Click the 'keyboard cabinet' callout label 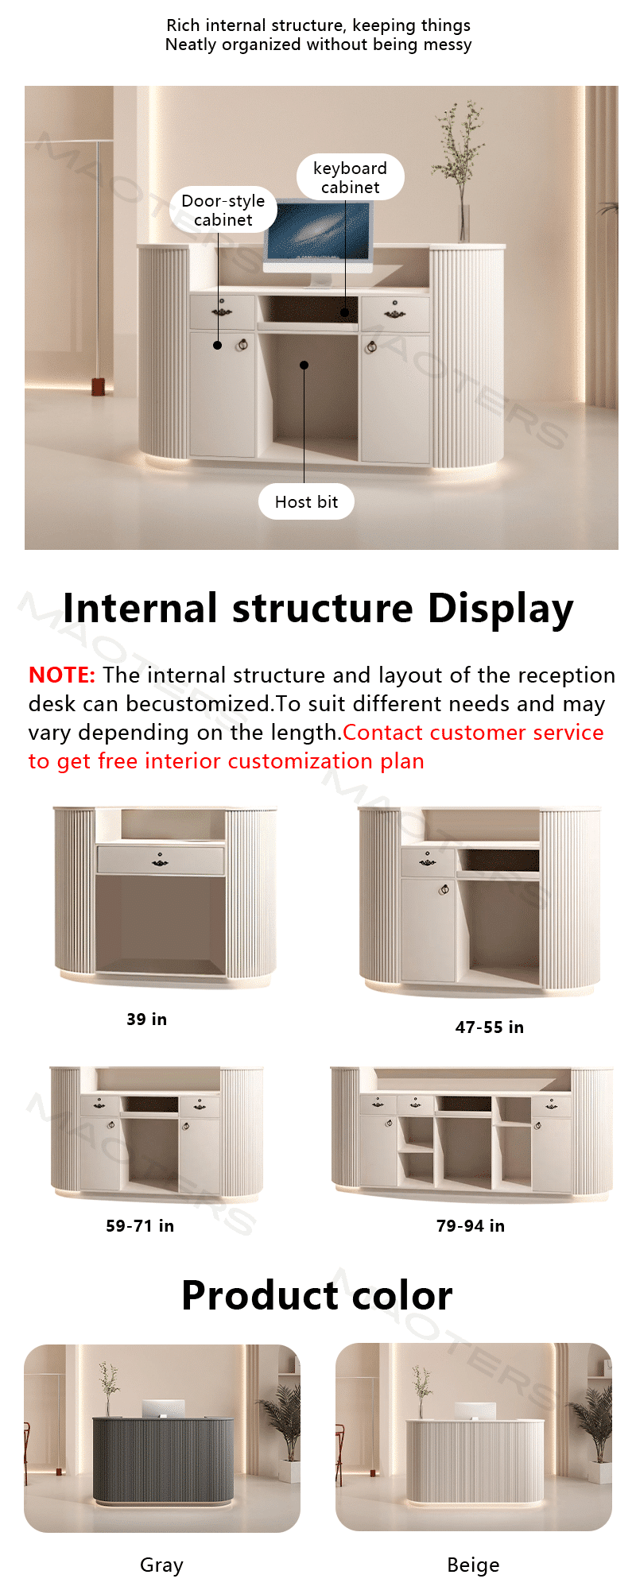coord(351,177)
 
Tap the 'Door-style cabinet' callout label coord(223,210)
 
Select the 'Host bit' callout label coord(306,501)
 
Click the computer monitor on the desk coord(318,238)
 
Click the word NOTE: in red coord(62,675)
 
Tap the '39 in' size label coord(147,1019)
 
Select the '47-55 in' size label coord(490,1027)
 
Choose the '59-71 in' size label coord(140,1226)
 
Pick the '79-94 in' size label coord(471,1226)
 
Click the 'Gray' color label coord(161,1565)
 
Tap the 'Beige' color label coord(473,1565)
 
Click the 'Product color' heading coord(317,1296)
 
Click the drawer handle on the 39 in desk coord(160,861)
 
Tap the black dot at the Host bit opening coord(304,365)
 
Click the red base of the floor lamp coord(98,387)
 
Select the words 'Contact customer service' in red coord(473,732)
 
